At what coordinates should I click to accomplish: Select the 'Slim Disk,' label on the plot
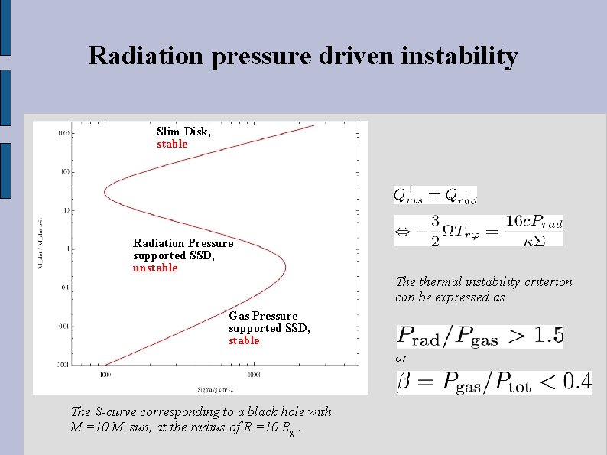183,132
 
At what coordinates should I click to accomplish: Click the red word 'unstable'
155,268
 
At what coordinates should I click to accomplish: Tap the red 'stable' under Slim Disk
172,144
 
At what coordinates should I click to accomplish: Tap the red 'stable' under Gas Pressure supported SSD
244,340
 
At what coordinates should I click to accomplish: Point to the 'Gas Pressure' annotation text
263,316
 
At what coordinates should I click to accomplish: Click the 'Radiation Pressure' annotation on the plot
183,243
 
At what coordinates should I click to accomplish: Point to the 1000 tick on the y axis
63,133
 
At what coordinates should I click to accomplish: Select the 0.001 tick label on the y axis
63,365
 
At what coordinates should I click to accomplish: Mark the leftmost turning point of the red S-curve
105,187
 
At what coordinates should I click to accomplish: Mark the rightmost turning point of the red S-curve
286,267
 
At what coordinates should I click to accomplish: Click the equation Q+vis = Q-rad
435,195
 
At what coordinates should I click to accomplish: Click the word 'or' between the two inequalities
401,358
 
